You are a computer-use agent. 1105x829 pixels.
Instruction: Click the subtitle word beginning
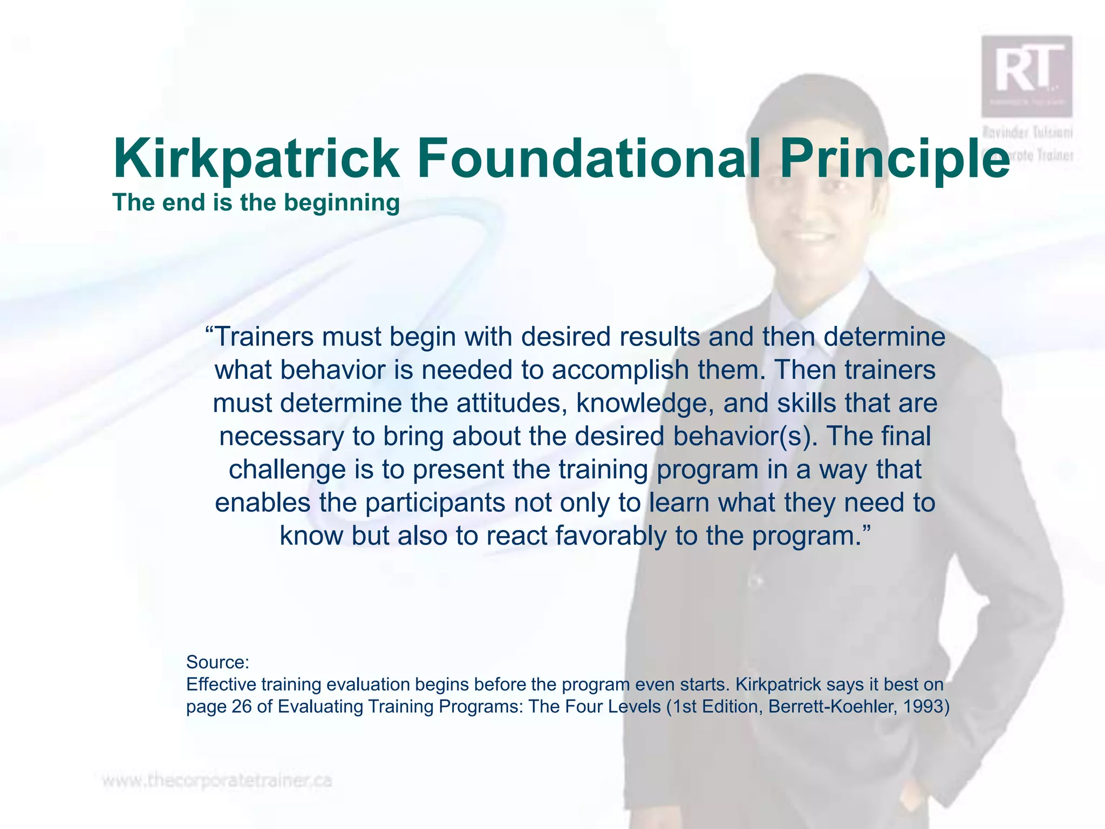[342, 203]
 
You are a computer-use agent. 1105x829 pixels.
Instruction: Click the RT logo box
[1026, 76]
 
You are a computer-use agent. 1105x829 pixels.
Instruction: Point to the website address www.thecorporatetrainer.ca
[216, 781]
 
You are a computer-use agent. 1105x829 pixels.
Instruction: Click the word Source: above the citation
[217, 662]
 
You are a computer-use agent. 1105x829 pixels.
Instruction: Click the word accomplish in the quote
[620, 370]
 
